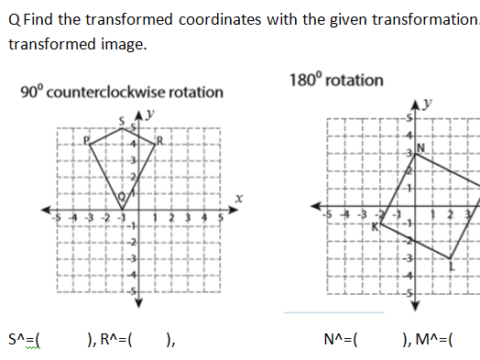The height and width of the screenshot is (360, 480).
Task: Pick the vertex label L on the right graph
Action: (x=452, y=266)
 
